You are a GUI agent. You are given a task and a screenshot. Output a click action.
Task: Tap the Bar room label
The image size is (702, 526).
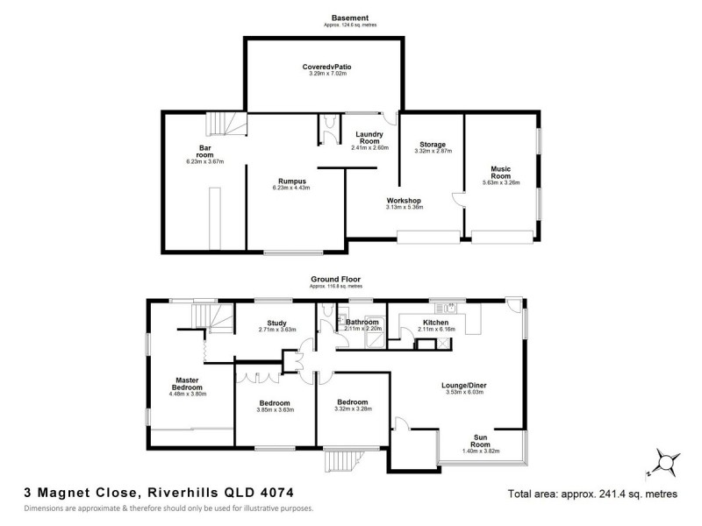pos(206,152)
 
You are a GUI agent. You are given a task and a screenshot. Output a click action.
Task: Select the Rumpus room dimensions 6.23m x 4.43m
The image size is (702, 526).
pos(291,188)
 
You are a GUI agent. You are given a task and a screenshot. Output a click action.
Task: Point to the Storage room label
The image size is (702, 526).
pos(431,144)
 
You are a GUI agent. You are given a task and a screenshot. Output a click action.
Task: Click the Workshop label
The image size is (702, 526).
pos(405,201)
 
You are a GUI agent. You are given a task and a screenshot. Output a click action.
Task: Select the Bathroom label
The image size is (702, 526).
pos(361,322)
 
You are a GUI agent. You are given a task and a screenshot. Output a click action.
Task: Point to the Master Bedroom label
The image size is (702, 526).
pos(186,384)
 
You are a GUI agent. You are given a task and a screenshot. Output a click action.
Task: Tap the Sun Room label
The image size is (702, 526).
pos(480,440)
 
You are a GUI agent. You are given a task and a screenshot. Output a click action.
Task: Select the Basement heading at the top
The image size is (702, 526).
pos(349,18)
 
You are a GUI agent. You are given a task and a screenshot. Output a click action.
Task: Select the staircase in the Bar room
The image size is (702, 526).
pos(226,125)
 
